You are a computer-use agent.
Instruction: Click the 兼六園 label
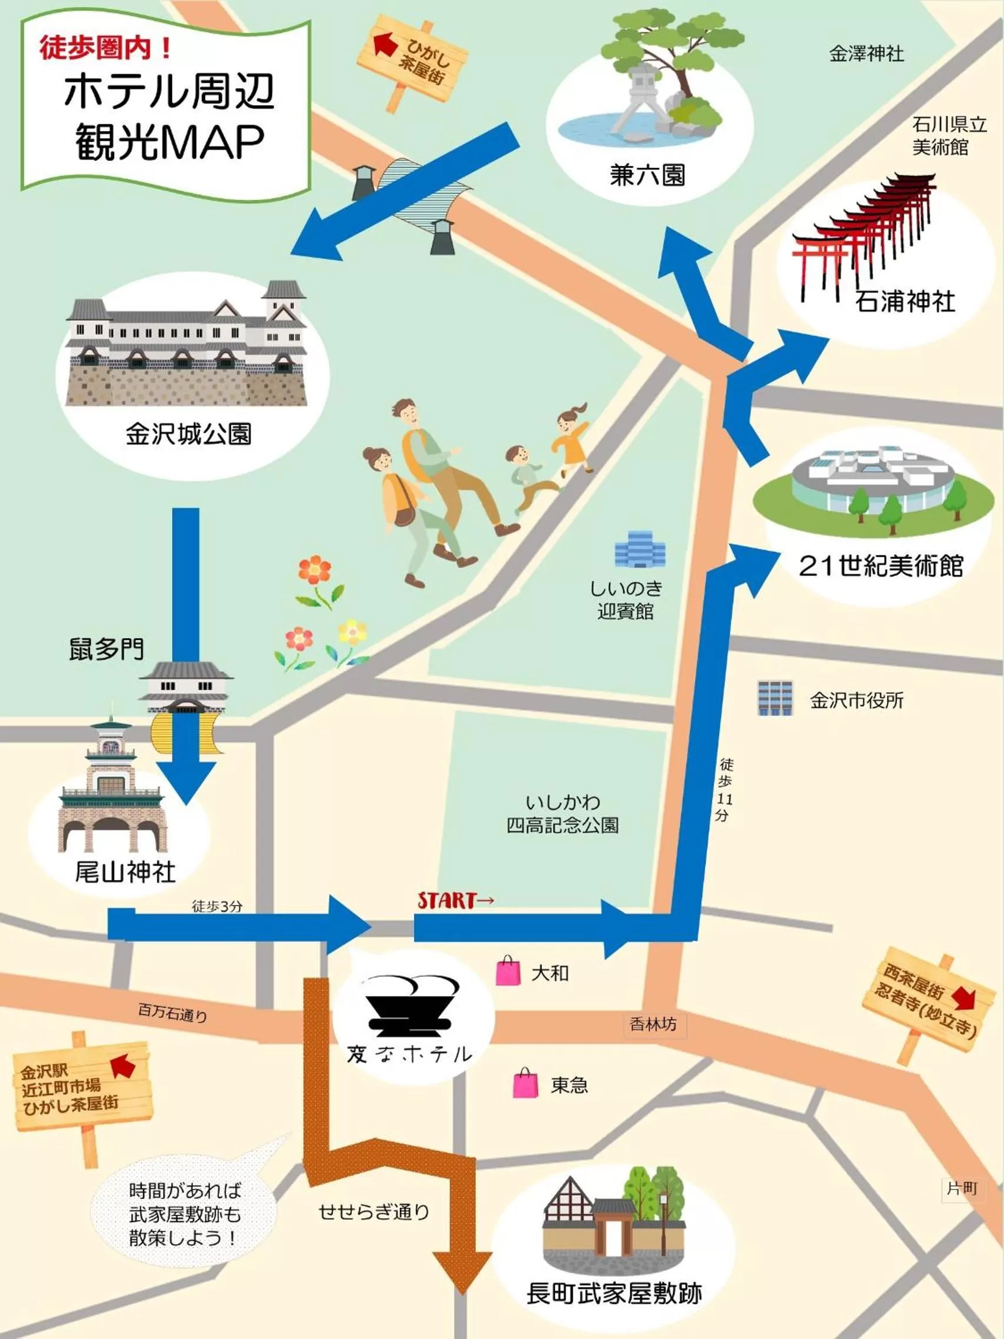pyautogui.click(x=648, y=175)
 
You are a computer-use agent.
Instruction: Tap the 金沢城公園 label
pyautogui.click(x=188, y=434)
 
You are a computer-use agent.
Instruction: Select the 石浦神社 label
pyautogui.click(x=904, y=301)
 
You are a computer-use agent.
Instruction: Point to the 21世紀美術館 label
pyautogui.click(x=880, y=565)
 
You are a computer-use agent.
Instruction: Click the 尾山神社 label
pyautogui.click(x=125, y=872)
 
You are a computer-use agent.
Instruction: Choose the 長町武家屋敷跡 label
pyautogui.click(x=613, y=1294)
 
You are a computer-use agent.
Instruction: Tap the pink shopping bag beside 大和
pyautogui.click(x=508, y=971)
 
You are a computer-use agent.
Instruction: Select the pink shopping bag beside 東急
pyautogui.click(x=525, y=1084)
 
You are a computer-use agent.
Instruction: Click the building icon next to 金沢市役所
pyautogui.click(x=775, y=698)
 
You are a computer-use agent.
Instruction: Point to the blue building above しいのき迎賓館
pyautogui.click(x=641, y=549)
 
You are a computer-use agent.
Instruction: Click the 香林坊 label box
pyautogui.click(x=653, y=1025)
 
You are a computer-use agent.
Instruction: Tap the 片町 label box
pyautogui.click(x=962, y=1189)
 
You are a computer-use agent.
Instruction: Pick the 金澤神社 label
pyautogui.click(x=866, y=55)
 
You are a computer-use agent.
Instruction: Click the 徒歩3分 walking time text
pyautogui.click(x=217, y=906)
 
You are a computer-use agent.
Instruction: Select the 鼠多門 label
pyautogui.click(x=106, y=649)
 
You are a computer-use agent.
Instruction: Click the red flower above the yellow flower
pyautogui.click(x=315, y=571)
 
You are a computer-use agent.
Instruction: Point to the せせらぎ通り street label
pyautogui.click(x=374, y=1211)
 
